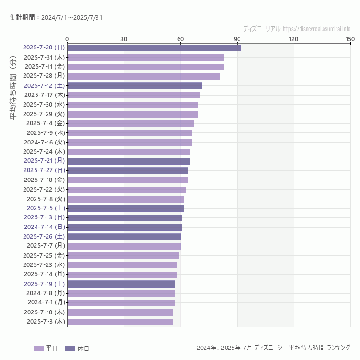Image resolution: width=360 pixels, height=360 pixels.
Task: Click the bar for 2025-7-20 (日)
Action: [x=154, y=48]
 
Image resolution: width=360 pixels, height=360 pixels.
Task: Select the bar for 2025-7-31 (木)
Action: [x=145, y=57]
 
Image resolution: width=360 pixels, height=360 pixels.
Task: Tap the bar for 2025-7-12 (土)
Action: [x=134, y=85]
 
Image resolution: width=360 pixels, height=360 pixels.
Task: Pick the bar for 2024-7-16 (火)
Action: [x=130, y=142]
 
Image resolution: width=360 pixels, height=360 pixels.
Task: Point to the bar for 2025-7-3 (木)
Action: [x=120, y=322]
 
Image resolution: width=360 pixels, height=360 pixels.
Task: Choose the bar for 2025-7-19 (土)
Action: [x=121, y=284]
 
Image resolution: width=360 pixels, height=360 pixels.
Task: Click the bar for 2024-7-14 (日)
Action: [x=125, y=227]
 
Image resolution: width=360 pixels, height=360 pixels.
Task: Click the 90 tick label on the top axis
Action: [x=237, y=39]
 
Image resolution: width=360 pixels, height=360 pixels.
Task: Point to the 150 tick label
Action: [x=350, y=39]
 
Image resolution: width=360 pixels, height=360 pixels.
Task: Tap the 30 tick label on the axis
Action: [x=124, y=39]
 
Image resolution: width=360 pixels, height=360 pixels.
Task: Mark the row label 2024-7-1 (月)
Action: [x=46, y=302]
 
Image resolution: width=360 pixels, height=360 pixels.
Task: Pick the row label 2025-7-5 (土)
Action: [x=46, y=208]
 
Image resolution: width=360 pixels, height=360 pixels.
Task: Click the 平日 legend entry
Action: [x=46, y=348]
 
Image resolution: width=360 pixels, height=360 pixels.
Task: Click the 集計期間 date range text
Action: [x=56, y=18]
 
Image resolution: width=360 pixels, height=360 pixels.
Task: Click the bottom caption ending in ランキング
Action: [x=273, y=348]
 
